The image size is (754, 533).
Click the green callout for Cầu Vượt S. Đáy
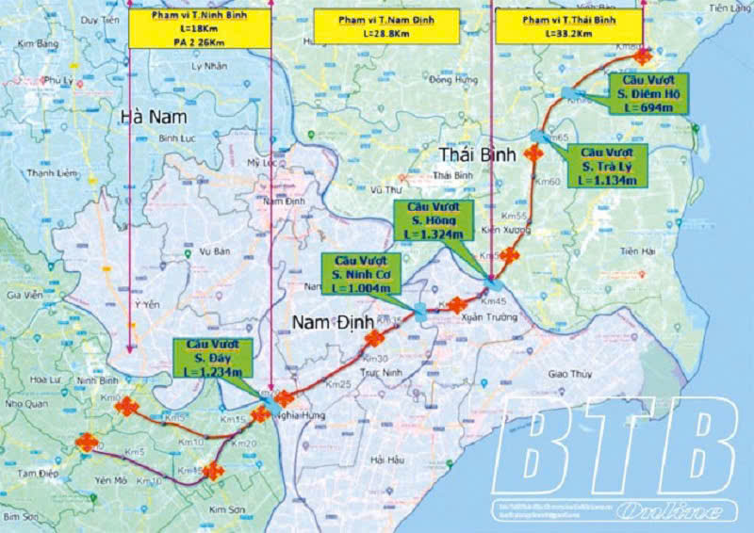[x=208, y=360]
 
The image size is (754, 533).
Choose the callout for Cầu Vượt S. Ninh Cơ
[x=361, y=273]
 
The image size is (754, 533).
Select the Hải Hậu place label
[x=388, y=460]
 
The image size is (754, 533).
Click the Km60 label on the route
[x=548, y=181]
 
